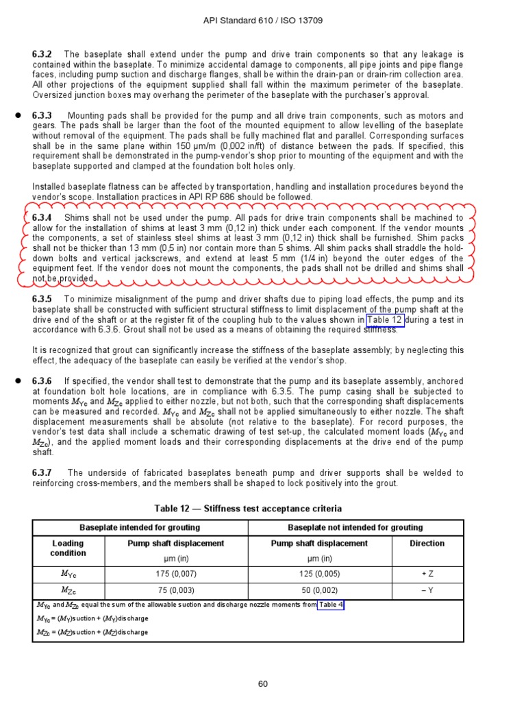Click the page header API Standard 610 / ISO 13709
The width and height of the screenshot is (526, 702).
(x=263, y=21)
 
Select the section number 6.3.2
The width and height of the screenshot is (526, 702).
(x=42, y=54)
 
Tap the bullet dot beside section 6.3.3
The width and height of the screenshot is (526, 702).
(x=18, y=116)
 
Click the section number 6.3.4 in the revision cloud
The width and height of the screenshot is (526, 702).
(x=42, y=218)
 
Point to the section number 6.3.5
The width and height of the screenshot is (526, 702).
(x=42, y=300)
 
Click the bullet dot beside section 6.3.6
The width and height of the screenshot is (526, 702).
(x=18, y=380)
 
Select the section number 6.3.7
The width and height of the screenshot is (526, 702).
(x=42, y=473)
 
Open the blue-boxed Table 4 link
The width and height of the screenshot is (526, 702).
(x=331, y=605)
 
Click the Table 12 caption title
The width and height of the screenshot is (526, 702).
(x=248, y=509)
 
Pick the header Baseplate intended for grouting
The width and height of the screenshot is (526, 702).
(x=140, y=528)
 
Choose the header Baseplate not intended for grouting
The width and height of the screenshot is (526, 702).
(x=355, y=528)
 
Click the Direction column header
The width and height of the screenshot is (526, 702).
(x=427, y=544)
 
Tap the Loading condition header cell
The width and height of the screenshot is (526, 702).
(x=68, y=548)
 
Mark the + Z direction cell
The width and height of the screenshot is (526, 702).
(x=427, y=574)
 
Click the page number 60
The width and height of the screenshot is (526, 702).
(x=263, y=683)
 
